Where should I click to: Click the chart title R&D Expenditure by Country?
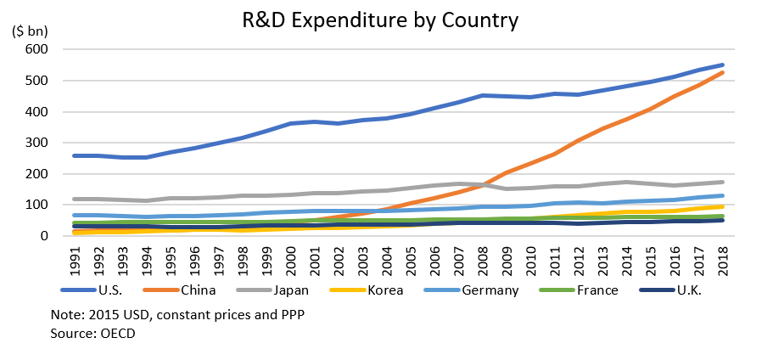380,18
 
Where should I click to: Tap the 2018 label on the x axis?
721,259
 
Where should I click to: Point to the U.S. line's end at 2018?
722,65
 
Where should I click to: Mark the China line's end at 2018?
722,72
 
